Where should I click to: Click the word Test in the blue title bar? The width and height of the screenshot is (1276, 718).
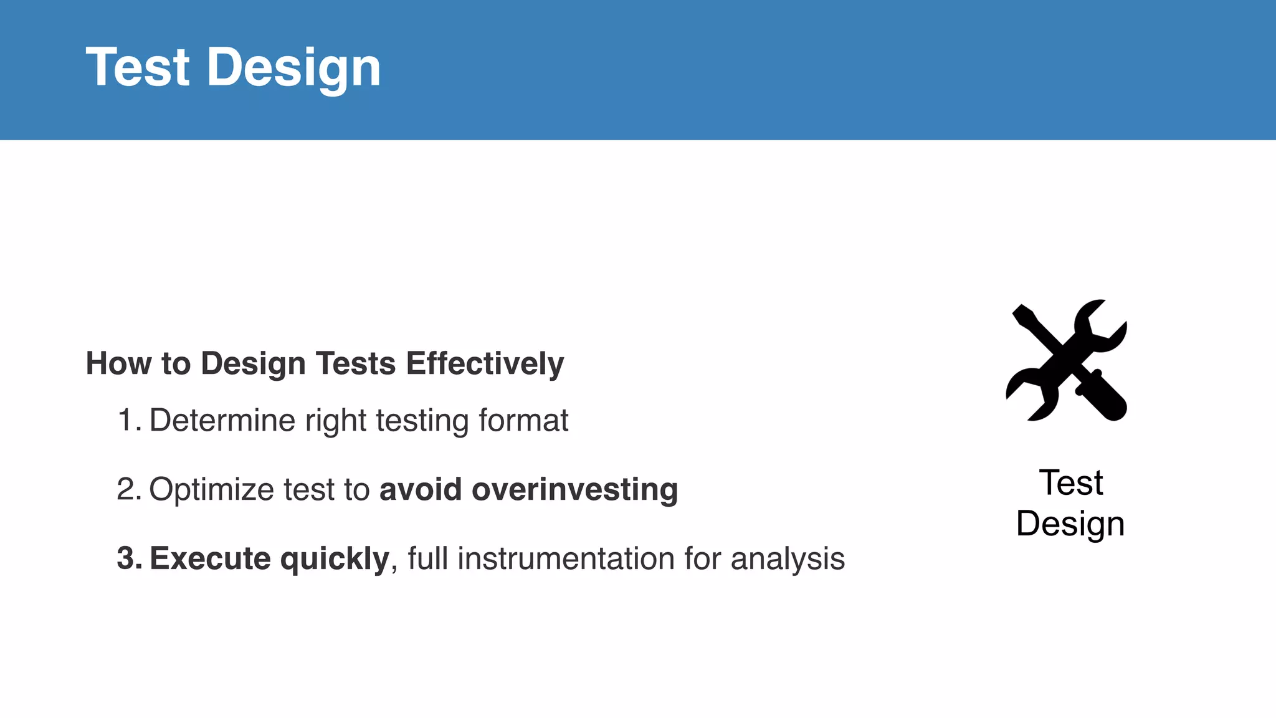(138, 67)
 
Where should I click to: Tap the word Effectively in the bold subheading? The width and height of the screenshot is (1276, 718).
(485, 363)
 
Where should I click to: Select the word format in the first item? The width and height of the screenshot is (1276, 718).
(523, 420)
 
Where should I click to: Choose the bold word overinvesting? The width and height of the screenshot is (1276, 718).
(574, 489)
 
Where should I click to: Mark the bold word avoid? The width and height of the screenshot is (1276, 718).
(421, 489)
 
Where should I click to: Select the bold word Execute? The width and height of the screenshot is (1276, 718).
(210, 558)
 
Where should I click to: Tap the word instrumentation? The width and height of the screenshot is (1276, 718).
(566, 558)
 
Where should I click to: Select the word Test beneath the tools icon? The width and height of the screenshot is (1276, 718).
(1070, 483)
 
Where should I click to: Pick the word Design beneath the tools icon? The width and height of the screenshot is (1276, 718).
(1070, 524)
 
